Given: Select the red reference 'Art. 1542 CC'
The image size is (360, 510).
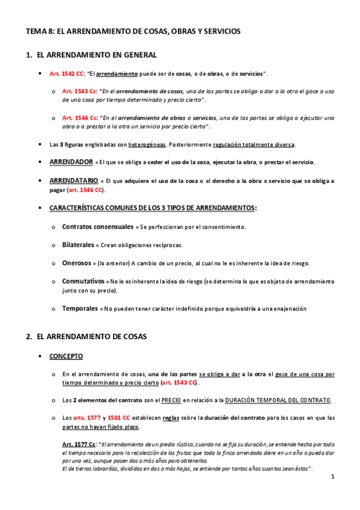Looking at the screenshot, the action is [x=67, y=73].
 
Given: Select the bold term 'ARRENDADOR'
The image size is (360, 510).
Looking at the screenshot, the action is [x=71, y=162].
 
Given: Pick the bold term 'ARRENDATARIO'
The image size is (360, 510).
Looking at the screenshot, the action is [x=74, y=180].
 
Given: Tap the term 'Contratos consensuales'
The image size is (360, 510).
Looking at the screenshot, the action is [x=99, y=227].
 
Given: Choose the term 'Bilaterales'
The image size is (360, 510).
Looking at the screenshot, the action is [x=78, y=245].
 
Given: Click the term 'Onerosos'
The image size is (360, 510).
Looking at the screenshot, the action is [x=76, y=263].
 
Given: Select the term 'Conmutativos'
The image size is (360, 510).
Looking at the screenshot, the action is [x=83, y=281].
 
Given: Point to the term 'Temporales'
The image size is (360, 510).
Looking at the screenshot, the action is [x=80, y=308].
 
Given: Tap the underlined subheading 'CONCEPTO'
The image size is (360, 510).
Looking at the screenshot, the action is [x=66, y=356].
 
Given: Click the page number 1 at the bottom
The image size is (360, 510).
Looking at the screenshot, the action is [x=332, y=477].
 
